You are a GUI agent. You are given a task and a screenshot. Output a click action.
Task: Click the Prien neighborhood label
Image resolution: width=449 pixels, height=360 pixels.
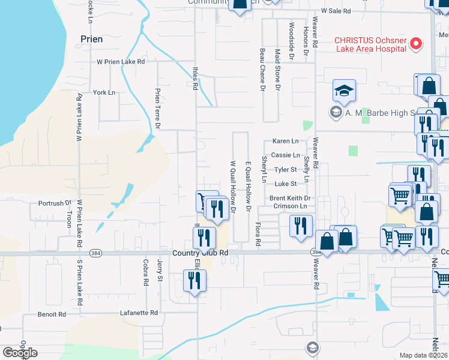(x=91, y=39)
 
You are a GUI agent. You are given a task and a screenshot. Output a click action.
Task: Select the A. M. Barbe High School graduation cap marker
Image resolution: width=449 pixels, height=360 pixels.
(x=345, y=92)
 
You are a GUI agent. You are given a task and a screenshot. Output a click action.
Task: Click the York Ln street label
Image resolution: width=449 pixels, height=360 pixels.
(x=103, y=92)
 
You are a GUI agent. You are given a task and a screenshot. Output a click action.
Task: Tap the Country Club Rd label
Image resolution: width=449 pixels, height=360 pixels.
(x=200, y=253)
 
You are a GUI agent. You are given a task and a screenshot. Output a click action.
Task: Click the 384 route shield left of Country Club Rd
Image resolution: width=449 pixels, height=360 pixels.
(x=95, y=254)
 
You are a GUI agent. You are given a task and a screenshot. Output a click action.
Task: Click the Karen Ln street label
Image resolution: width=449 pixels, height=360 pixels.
(x=285, y=141)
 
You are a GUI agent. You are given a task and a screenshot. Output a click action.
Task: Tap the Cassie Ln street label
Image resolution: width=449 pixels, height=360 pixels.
(x=285, y=155)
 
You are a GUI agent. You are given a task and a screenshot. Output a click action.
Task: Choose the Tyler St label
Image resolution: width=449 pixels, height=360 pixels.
(x=286, y=170)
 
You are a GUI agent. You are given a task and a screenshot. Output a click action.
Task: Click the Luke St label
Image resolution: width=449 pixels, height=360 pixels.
(x=286, y=184)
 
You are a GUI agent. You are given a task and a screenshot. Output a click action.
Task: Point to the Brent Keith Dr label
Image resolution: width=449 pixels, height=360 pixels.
(x=289, y=198)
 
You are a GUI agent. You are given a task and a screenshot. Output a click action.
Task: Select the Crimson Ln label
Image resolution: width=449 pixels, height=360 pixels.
(x=290, y=206)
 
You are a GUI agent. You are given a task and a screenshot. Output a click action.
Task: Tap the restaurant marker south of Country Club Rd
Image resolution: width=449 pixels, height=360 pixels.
(x=194, y=281)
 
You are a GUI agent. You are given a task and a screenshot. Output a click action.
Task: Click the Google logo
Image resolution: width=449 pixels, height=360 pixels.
(x=20, y=353)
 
